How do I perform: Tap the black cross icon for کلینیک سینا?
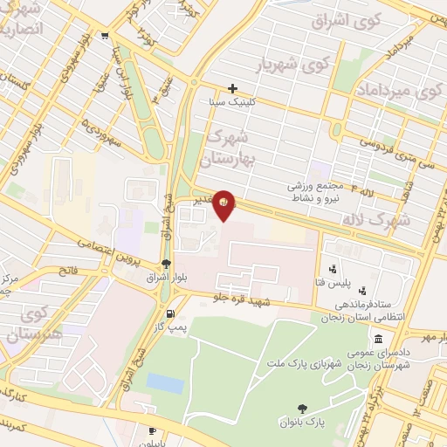232,88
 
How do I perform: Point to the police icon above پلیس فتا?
332,269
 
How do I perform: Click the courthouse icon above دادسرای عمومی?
377,340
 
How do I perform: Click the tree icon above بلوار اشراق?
166,265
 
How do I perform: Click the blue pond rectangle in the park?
165,382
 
